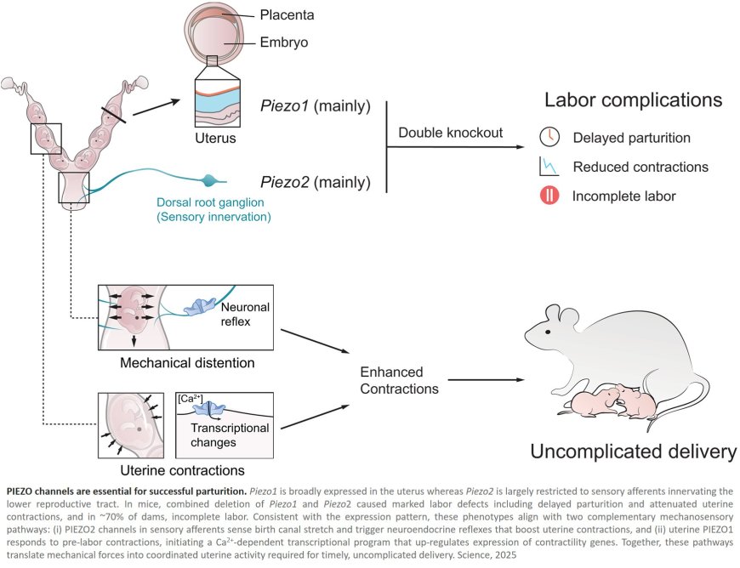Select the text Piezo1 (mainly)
click(316, 106)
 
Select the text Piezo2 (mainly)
click(316, 181)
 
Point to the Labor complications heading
click(634, 100)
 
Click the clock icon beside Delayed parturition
click(549, 137)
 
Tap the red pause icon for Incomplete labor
click(549, 196)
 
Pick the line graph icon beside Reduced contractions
click(549, 167)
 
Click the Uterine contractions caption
click(183, 469)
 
